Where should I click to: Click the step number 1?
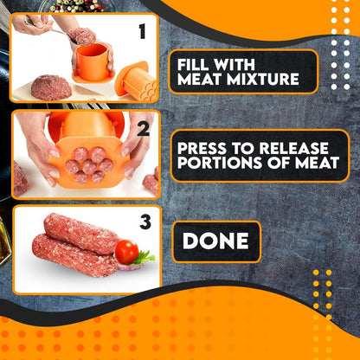tap(142, 33)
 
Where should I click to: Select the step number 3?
tap(145, 223)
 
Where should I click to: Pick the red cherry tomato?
tap(126, 252)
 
